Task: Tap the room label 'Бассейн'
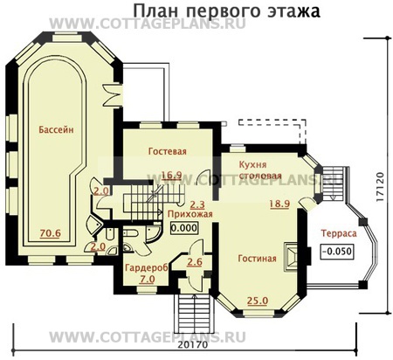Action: [55, 129]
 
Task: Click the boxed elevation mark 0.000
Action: [183, 227]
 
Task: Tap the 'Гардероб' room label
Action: [141, 267]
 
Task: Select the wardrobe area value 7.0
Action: [147, 279]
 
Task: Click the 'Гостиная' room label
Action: [256, 258]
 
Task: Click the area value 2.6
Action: [195, 261]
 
